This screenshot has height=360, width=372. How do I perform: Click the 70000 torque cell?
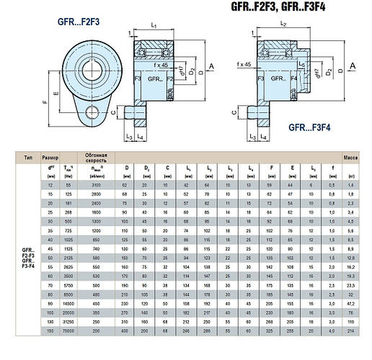coord(69,351)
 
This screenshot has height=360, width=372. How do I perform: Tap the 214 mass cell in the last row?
coord(351,351)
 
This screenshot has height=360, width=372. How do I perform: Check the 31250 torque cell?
coord(69,341)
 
